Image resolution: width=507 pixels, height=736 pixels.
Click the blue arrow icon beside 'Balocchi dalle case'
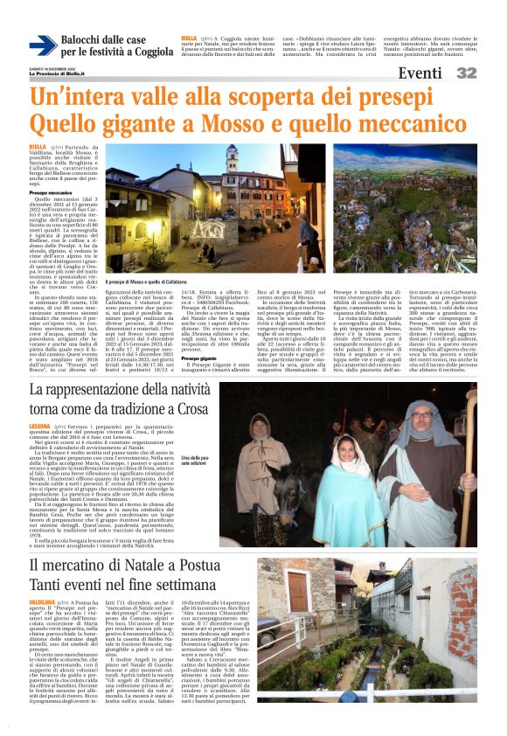coord(43,46)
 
